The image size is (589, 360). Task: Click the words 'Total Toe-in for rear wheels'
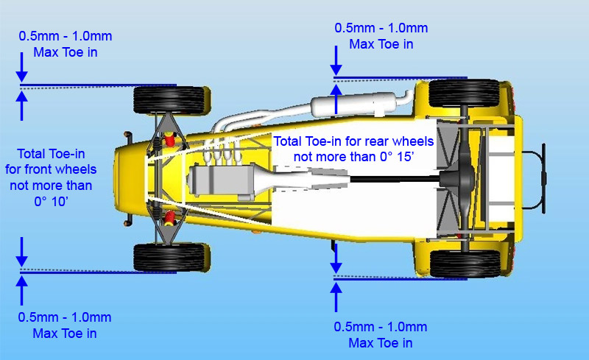(x=353, y=141)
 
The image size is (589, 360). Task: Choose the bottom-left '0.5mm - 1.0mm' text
(x=66, y=317)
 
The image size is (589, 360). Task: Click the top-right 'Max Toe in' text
(x=381, y=44)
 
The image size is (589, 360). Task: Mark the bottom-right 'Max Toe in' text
(x=381, y=343)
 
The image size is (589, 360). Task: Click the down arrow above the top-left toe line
(x=21, y=70)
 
